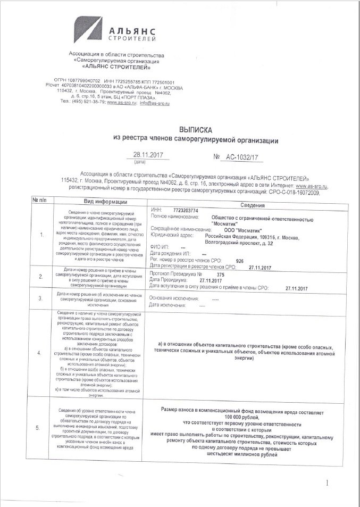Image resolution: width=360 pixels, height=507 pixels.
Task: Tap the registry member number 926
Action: pyautogui.click(x=239, y=261)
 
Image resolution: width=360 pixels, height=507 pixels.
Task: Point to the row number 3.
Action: pyautogui.click(x=41, y=298)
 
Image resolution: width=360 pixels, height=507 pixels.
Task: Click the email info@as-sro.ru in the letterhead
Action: pyautogui.click(x=155, y=103)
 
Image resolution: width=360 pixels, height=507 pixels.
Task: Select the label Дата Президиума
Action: pyautogui.click(x=168, y=280)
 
